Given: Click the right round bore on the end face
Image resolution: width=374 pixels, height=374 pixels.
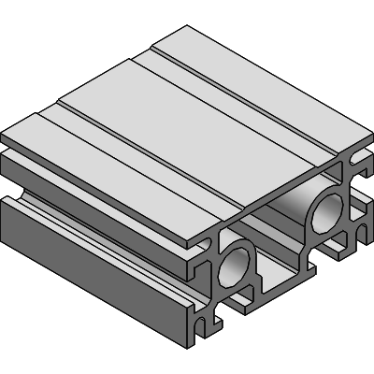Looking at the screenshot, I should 326,212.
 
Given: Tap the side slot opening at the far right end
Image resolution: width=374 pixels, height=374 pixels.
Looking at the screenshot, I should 361,201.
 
